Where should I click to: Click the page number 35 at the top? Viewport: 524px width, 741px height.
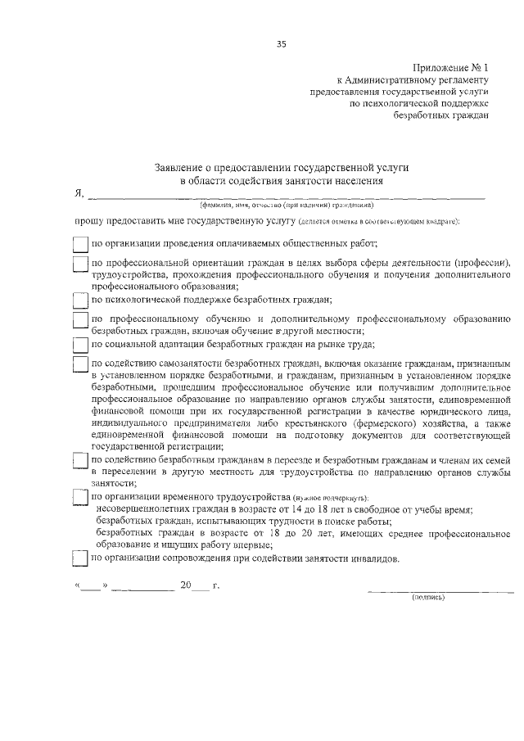tap(281, 43)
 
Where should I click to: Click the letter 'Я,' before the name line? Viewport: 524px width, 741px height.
tap(79, 194)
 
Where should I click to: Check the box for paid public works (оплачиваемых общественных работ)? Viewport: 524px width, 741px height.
tap(80, 244)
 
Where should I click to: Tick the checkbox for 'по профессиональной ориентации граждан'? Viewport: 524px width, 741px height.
tap(80, 264)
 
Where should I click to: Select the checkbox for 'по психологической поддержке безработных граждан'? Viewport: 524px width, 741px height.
tap(80, 300)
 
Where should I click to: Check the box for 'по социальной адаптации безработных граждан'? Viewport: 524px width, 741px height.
tap(80, 344)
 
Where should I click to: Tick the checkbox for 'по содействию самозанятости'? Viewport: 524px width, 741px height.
tap(80, 364)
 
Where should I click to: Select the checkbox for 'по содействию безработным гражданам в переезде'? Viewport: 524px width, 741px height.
tap(80, 462)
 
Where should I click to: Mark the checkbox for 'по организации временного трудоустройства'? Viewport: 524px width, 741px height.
tap(80, 498)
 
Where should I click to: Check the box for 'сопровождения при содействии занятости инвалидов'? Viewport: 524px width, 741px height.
tap(80, 558)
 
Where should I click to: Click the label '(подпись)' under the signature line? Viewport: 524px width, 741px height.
tap(427, 597)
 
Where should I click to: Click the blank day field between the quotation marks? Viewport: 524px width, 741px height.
tap(92, 586)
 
